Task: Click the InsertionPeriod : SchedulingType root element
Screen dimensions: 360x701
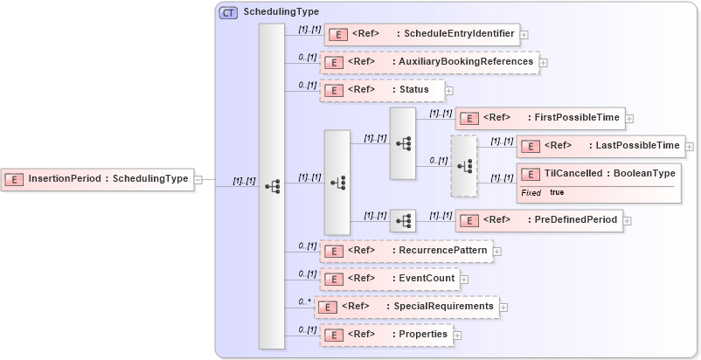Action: pyautogui.click(x=97, y=179)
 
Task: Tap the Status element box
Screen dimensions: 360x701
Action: pyautogui.click(x=381, y=90)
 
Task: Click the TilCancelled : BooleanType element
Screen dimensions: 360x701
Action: pyautogui.click(x=599, y=174)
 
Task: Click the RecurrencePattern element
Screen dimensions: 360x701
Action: pyautogui.click(x=406, y=252)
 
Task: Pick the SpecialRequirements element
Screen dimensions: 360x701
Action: pyautogui.click(x=406, y=307)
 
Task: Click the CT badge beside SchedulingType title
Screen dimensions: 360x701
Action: pyautogui.click(x=229, y=12)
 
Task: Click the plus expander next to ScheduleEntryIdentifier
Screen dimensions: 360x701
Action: pyautogui.click(x=524, y=35)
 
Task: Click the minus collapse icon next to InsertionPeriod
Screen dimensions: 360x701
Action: pyautogui.click(x=198, y=179)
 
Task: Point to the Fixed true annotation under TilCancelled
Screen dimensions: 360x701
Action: pyautogui.click(x=543, y=192)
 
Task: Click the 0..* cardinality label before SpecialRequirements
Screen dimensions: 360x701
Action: pyautogui.click(x=304, y=301)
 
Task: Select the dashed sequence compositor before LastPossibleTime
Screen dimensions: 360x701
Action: pyautogui.click(x=464, y=165)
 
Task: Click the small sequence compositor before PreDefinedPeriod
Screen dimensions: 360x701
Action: pyautogui.click(x=403, y=221)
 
